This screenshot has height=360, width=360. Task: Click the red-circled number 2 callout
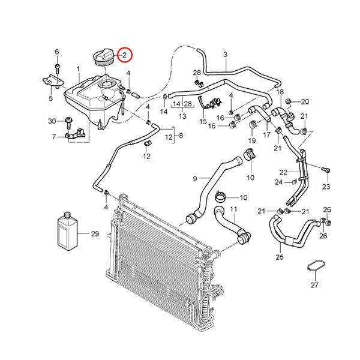(x=125, y=56)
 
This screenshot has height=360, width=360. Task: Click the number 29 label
(x=94, y=233)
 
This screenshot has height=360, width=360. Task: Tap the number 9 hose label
(x=194, y=178)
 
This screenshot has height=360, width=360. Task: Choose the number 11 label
(x=234, y=209)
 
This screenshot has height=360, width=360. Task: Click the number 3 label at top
(x=225, y=55)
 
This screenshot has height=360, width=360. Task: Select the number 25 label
(x=279, y=257)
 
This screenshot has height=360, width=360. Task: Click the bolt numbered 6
(x=58, y=67)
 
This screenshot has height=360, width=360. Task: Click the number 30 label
(x=52, y=121)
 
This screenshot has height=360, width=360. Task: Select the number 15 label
(x=203, y=121)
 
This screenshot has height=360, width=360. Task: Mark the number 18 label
(x=280, y=91)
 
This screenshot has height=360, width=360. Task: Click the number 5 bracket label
(x=50, y=98)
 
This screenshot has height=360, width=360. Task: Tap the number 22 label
(x=283, y=172)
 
